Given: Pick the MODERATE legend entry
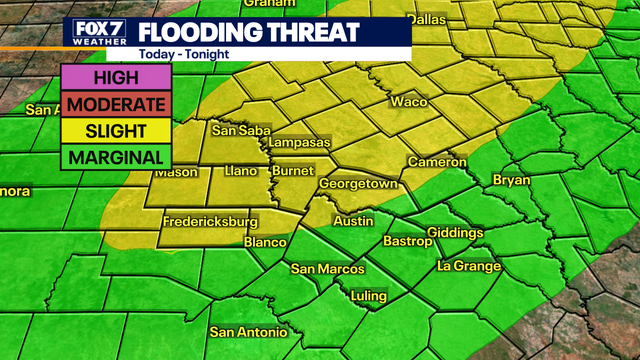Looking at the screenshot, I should coord(115,104).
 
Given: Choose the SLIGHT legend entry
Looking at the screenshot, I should coord(115,130).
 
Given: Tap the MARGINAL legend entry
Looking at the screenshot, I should coord(115,157).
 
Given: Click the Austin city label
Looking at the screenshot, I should coord(352,220).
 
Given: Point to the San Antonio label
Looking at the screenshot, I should coord(248,332).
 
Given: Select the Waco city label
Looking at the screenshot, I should coord(408,102).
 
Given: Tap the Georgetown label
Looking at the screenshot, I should coord(358,185).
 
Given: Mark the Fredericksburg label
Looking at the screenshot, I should coord(210,221).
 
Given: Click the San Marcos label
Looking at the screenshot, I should coord(323,268).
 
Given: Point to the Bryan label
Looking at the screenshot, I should coord(511,180).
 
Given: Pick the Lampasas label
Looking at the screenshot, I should coord(298,143).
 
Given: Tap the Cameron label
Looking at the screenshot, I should coord(437,162).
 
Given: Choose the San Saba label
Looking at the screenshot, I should coord(237,130).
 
